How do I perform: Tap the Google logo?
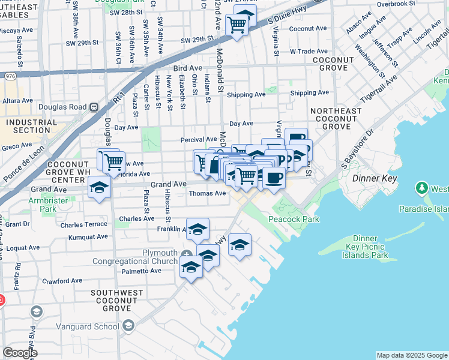pyautogui.click(x=20, y=353)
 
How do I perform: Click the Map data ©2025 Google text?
pyautogui.click(x=412, y=355)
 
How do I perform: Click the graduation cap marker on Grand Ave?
pyautogui.click(x=99, y=187)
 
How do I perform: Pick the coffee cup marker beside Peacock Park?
pyautogui.click(x=274, y=178)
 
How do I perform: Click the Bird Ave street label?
pyautogui.click(x=191, y=68)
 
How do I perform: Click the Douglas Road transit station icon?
pyautogui.click(x=94, y=107)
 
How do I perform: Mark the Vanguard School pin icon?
pyautogui.click(x=128, y=326)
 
